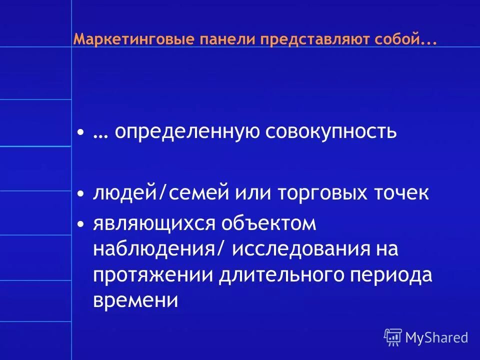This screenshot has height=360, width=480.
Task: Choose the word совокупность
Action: (x=331, y=132)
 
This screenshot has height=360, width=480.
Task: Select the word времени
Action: (x=135, y=301)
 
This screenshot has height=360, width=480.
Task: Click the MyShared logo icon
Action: (x=393, y=337)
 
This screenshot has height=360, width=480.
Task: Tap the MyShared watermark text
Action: (x=436, y=338)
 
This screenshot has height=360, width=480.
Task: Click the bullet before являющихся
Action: (x=81, y=225)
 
